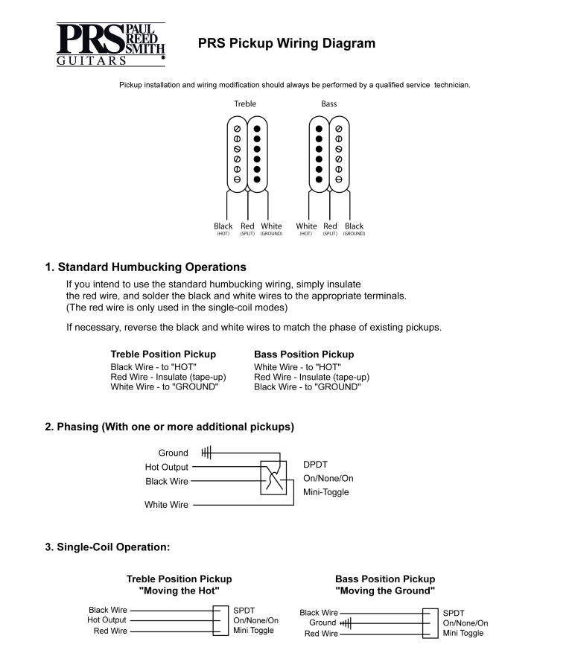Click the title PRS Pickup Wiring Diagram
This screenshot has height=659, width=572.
(x=287, y=44)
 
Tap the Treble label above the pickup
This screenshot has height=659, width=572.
(x=245, y=104)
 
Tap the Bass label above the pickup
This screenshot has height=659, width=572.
(x=328, y=104)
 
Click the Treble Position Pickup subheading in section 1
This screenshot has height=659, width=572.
(x=163, y=354)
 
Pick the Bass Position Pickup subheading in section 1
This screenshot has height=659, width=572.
(x=304, y=354)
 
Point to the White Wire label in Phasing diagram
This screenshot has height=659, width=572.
(x=166, y=505)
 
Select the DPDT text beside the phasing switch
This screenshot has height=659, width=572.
(x=316, y=464)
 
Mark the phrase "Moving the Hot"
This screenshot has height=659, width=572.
(x=179, y=590)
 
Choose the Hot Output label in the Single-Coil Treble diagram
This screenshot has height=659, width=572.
(x=107, y=620)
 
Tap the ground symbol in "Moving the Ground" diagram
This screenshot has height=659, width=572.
(x=346, y=623)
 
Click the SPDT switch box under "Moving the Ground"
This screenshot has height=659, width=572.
(x=430, y=623)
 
